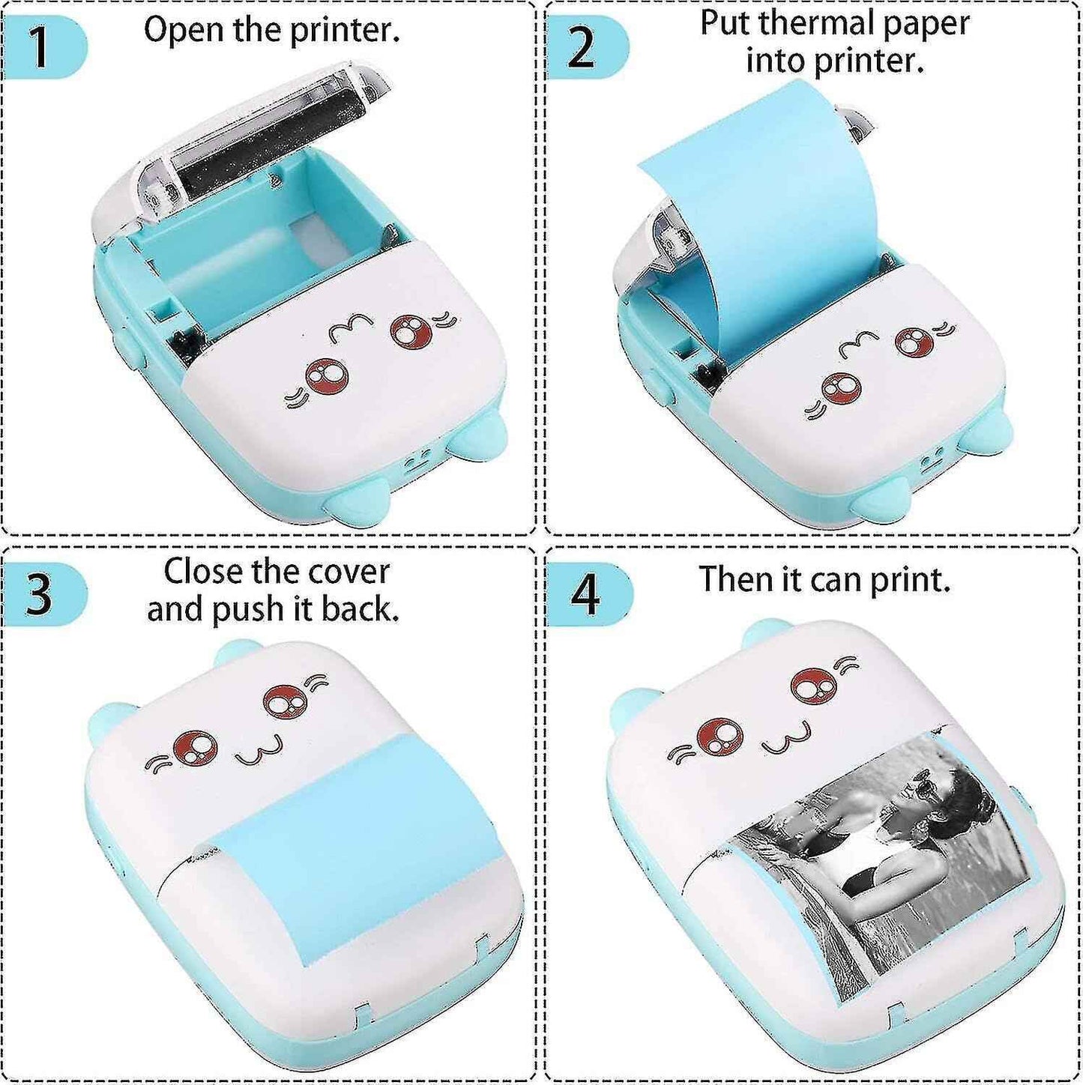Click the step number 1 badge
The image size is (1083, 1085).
pos(41,46)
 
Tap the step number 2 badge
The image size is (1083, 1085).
pos(582,48)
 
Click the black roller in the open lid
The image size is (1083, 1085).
pos(270,154)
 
